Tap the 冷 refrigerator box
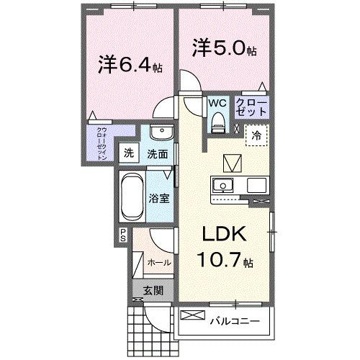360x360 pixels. click(256, 135)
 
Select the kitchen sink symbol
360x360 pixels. click(225, 184)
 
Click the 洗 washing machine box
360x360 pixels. click(129, 153)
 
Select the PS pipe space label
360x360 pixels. click(123, 234)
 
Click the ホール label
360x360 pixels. click(158, 263)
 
